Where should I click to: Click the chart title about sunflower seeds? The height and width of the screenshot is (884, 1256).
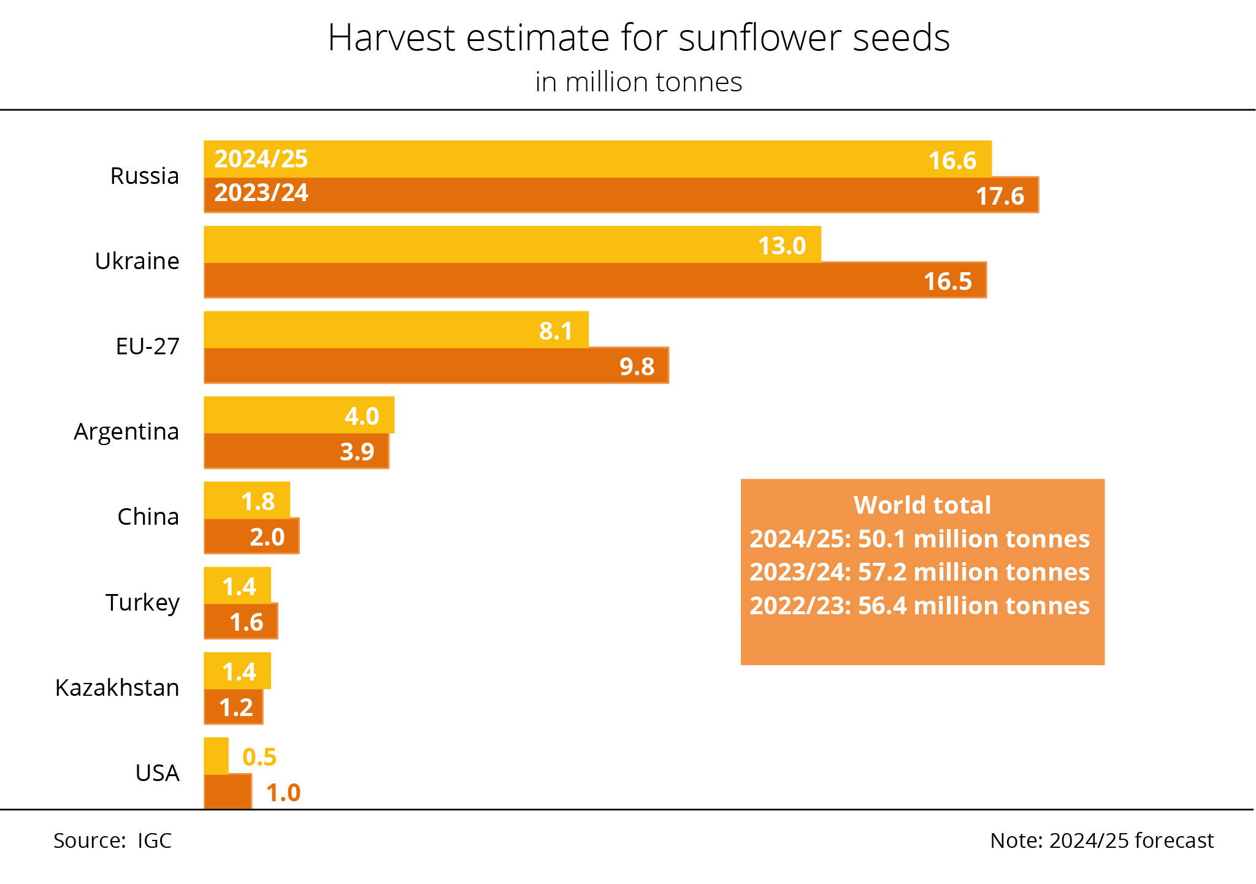[638, 38]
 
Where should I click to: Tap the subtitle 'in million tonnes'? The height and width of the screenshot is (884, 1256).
[638, 82]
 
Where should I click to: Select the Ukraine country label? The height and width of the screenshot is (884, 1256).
[137, 261]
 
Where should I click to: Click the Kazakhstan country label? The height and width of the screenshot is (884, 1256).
[117, 688]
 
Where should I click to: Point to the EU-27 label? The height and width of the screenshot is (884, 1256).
[147, 346]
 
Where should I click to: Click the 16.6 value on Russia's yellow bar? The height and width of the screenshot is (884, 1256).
[952, 161]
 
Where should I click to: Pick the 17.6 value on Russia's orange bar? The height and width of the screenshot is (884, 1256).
[1000, 196]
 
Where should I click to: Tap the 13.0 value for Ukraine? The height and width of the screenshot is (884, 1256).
[782, 246]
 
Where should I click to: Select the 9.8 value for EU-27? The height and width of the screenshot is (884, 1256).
[637, 367]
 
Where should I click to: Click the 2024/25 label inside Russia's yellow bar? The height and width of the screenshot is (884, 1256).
[261, 159]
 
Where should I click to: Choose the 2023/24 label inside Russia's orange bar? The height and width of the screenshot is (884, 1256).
[261, 193]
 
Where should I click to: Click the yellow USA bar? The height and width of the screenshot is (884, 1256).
[216, 755]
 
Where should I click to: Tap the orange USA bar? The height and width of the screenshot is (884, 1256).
[228, 791]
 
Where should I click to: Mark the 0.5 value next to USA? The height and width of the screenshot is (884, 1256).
[259, 757]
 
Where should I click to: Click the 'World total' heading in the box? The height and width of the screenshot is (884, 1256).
[922, 505]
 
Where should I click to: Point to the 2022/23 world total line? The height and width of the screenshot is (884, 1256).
[919, 606]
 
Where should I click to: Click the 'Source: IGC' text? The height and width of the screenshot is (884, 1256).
[112, 840]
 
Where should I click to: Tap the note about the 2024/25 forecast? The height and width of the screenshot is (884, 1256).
[1101, 840]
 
